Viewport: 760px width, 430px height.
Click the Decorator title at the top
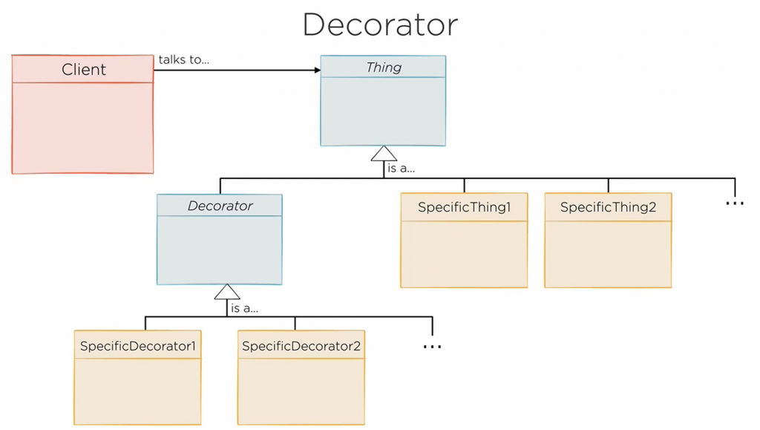coord(380,25)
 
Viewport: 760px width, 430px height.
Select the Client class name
coord(83,70)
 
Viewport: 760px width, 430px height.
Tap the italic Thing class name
coord(384,68)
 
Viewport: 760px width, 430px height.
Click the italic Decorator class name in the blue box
coord(220,206)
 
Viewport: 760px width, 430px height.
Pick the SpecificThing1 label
coord(464,207)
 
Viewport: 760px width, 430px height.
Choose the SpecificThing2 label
coord(608,207)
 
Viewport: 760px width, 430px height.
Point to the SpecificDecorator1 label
coord(138,346)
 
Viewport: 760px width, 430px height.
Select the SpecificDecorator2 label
coord(301,346)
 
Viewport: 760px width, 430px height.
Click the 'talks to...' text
coord(183,59)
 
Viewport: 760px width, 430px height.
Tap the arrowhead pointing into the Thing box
coord(317,71)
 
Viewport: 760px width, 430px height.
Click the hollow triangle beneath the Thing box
coord(384,154)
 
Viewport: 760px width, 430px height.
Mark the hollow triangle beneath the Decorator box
coord(227,292)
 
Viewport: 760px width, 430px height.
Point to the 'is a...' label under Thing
coord(402,169)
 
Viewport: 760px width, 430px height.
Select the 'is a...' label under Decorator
coord(245,307)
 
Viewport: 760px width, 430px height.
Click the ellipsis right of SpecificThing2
coord(734,203)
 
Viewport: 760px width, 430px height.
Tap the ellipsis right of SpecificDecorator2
coord(432,346)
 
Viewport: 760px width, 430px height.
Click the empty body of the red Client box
coord(82,127)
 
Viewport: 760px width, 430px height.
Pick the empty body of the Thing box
coord(383,111)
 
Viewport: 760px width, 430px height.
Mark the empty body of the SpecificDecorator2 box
coord(301,391)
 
